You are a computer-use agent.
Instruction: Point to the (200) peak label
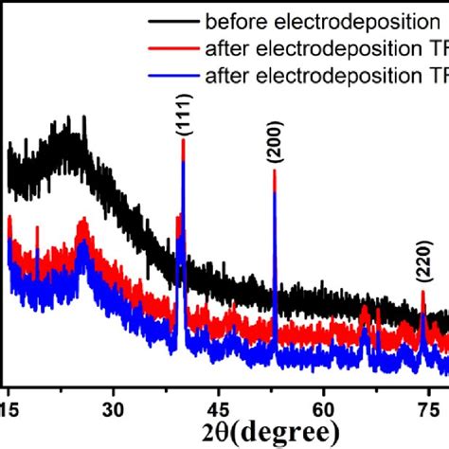276,146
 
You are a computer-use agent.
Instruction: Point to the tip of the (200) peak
274,171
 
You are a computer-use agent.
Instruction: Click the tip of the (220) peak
422,292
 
